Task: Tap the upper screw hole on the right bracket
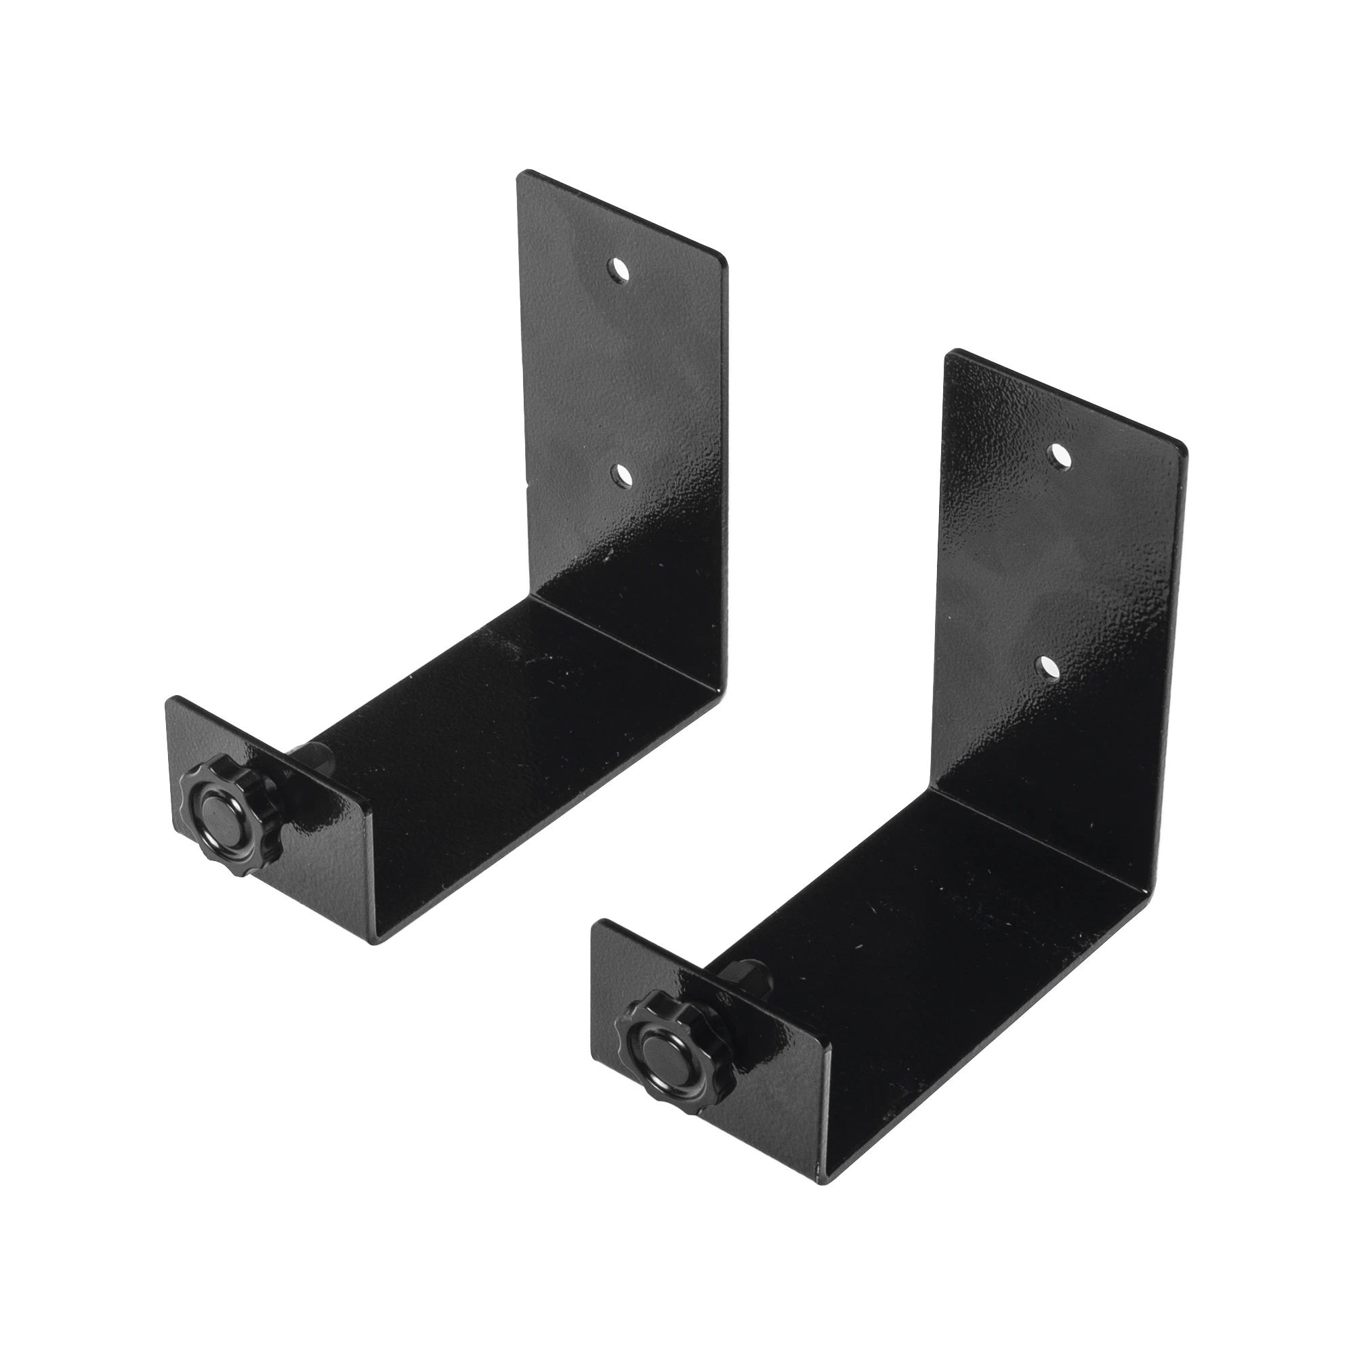click(1058, 455)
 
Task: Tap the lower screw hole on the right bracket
click(1049, 667)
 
